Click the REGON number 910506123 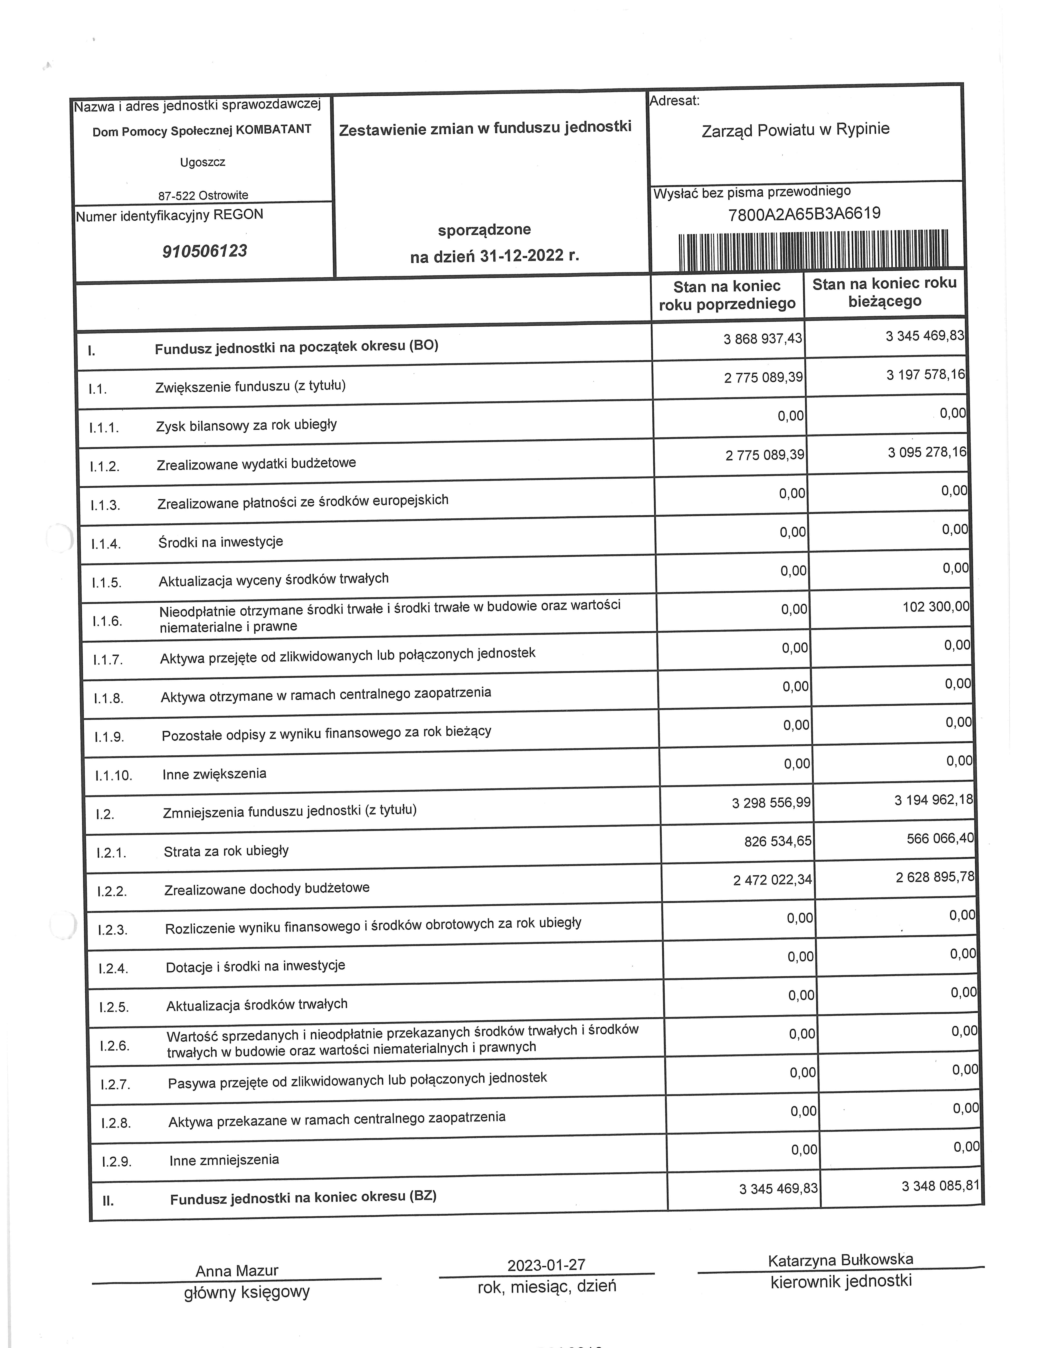point(205,251)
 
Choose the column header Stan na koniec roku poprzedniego point(727,295)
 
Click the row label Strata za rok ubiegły point(226,851)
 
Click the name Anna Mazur point(237,1271)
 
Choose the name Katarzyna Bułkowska point(841,1260)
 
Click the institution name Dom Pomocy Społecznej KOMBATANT point(202,131)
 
